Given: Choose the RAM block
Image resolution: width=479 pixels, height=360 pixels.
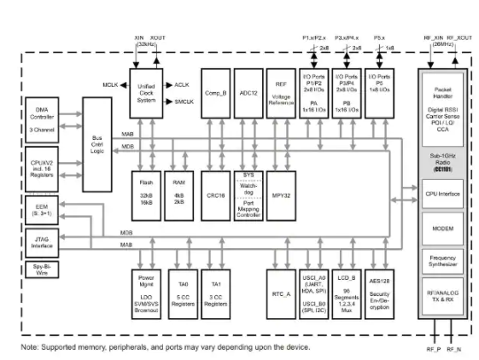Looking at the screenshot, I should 178,193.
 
